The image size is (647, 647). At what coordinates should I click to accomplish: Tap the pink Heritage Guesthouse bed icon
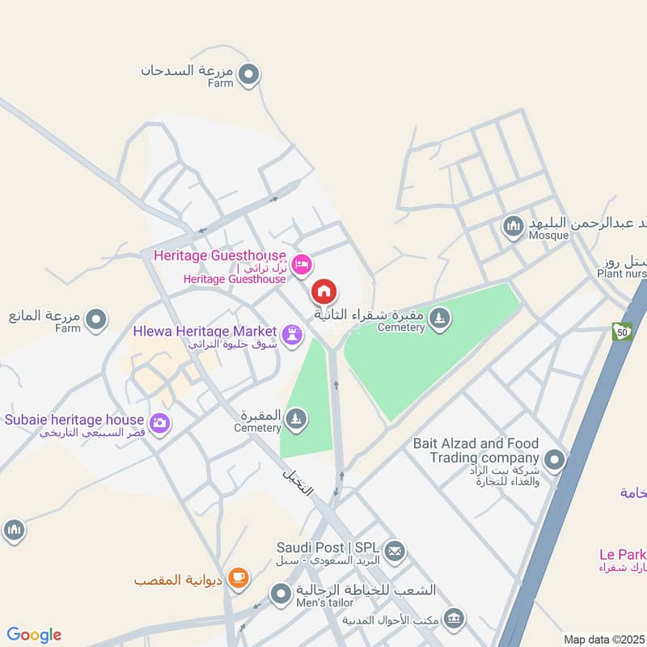302,264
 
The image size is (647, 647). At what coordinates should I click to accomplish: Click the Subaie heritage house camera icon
160,422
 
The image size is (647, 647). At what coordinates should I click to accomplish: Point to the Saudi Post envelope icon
395,552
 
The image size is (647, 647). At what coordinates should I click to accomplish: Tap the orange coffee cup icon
237,577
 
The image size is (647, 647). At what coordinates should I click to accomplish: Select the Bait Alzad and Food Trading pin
554,461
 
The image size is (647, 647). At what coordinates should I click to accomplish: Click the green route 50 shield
621,332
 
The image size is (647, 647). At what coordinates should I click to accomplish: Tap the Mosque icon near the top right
513,226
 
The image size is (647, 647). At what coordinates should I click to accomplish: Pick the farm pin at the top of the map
250,75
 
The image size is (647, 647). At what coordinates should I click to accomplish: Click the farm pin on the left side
97,319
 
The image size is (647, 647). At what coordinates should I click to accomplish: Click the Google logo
34,635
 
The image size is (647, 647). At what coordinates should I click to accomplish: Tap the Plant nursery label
624,274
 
